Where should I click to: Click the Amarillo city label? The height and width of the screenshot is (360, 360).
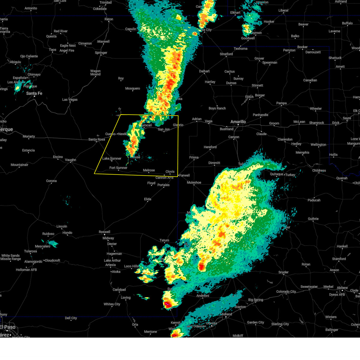tap(238, 122)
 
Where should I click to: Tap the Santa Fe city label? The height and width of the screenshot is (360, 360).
tap(34, 94)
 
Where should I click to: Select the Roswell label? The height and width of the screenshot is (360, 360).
tap(104, 232)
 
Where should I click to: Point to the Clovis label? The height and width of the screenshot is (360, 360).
tap(170, 172)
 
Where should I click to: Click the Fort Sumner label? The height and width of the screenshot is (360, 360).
tap(118, 168)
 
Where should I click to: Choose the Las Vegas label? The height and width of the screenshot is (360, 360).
tap(70, 100)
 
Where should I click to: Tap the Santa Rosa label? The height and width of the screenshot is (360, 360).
tap(97, 139)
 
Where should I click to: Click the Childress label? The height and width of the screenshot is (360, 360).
tap(319, 170)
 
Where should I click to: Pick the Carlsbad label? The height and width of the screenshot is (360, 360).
tap(119, 290)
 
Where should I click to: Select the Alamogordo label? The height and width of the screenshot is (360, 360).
tap(33, 262)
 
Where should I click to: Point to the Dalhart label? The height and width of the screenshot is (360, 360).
tap(204, 71)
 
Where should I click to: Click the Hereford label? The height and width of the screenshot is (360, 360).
tap(210, 147)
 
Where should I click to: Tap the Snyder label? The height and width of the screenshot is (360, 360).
tap(283, 272)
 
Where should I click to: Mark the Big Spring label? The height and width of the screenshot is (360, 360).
tap(256, 300)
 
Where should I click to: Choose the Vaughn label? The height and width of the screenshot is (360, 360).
tap(70, 160)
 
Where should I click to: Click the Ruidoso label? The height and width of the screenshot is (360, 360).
tap(48, 234)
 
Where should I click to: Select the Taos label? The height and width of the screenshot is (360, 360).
tap(52, 50)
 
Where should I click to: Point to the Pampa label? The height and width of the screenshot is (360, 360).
tap(281, 103)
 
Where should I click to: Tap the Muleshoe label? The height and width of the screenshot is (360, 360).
tap(194, 182)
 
